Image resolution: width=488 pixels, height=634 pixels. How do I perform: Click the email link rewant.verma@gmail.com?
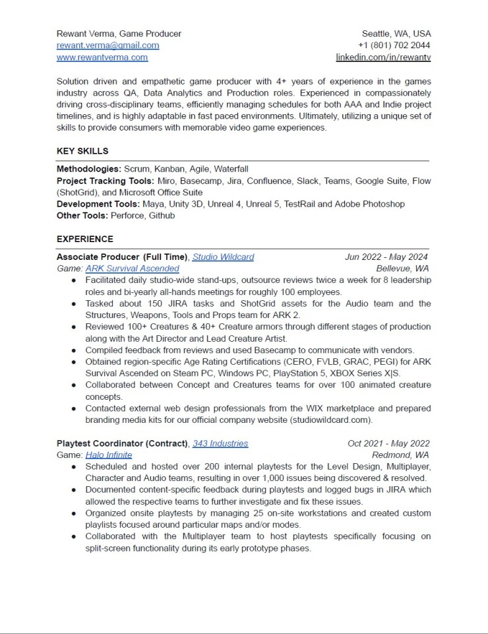coord(107,46)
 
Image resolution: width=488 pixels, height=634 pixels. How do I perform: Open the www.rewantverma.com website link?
coord(102,57)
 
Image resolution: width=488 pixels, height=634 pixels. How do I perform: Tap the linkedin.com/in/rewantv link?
coord(383,57)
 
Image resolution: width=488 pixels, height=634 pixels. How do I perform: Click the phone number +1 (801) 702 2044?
coord(394,46)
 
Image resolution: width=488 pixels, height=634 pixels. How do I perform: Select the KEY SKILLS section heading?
coord(82,151)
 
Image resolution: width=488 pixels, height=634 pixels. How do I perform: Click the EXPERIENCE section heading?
coord(84,239)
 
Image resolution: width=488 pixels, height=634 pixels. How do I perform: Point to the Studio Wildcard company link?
coord(223,257)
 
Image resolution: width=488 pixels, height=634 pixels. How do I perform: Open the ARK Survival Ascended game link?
coord(132,269)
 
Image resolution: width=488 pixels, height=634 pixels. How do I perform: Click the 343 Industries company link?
coord(220,444)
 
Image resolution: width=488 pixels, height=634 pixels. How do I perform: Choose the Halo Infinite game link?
coord(109,455)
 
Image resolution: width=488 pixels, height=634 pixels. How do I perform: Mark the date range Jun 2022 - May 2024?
coord(386,257)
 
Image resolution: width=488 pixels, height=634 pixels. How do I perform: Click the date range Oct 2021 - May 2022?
coord(388,444)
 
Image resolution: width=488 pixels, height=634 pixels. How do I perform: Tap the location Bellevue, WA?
coord(402,269)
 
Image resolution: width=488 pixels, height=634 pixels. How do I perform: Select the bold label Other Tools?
coord(82,215)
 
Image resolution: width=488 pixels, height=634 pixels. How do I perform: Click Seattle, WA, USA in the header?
coord(396,34)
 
